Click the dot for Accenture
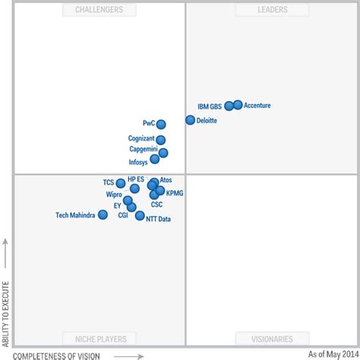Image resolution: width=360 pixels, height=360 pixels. coord(238,105)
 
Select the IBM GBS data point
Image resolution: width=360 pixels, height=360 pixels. coord(229,106)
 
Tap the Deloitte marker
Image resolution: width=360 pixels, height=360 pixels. coord(190,120)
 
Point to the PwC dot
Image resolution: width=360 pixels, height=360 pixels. coord(161,125)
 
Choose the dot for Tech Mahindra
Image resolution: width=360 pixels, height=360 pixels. coord(103,215)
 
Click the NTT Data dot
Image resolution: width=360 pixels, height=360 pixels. coord(140,216)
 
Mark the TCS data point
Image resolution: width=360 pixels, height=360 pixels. coord(121,183)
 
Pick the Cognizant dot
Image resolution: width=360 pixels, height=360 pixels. coord(160,139)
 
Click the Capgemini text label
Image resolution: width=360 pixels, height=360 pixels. coord(143,150)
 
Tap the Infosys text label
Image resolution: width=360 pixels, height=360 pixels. coord(138,163)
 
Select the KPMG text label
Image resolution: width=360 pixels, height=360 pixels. coord(175,193)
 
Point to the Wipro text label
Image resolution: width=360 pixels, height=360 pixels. coord(114,194)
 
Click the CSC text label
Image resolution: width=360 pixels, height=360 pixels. coord(156,204)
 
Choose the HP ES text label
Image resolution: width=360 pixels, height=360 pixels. coord(136,179)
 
